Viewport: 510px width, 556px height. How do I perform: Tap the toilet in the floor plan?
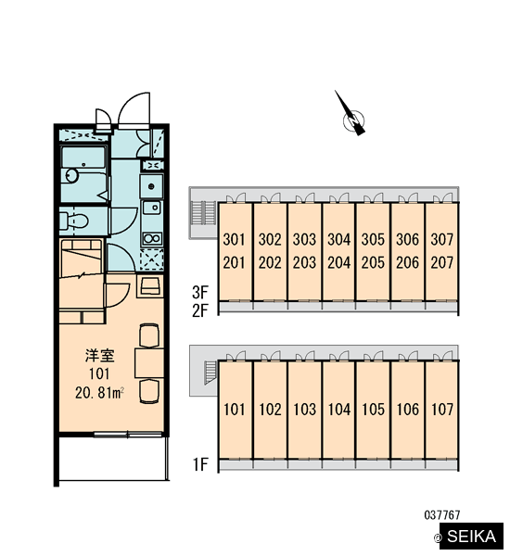pyautogui.click(x=73, y=221)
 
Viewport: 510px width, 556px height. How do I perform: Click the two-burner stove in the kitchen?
pyautogui.click(x=152, y=238)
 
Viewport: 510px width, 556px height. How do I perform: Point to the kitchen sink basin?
pyautogui.click(x=152, y=208)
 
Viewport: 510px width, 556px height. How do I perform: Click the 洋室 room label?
pyautogui.click(x=100, y=356)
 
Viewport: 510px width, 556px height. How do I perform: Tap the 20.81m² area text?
pyautogui.click(x=99, y=393)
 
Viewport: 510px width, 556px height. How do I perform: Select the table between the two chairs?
pyautogui.click(x=149, y=363)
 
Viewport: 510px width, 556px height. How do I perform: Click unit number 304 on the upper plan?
pyautogui.click(x=338, y=240)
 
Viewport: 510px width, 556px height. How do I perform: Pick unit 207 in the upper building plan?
pyautogui.click(x=442, y=263)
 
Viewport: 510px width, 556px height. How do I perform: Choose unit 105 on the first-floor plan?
pyautogui.click(x=373, y=410)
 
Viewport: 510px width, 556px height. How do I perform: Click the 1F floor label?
pyautogui.click(x=200, y=464)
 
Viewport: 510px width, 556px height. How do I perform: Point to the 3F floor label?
pyautogui.click(x=199, y=293)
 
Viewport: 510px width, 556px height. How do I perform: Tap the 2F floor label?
pyautogui.click(x=199, y=310)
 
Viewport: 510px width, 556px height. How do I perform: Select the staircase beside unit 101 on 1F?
pyautogui.click(x=210, y=373)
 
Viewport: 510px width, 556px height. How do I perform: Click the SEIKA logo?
pyautogui.click(x=471, y=537)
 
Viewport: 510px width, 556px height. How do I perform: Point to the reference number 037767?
pyautogui.click(x=442, y=515)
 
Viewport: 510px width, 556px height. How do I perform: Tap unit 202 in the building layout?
pyautogui.click(x=270, y=263)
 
